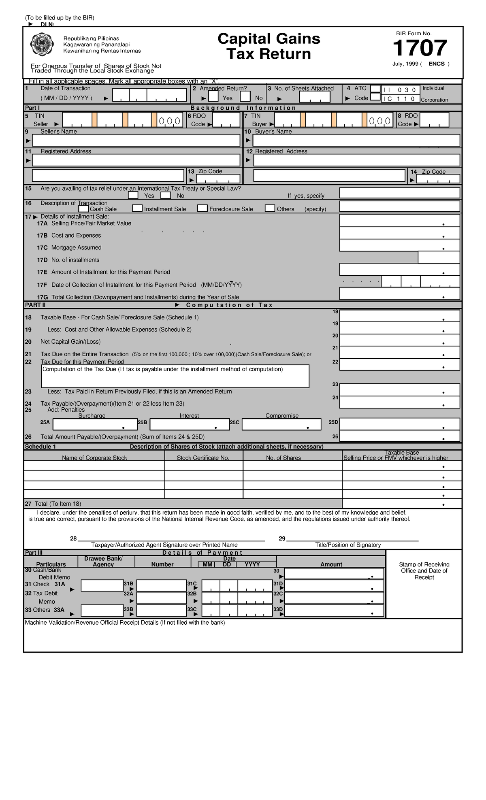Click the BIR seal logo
pyautogui.click(x=42, y=45)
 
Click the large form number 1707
pyautogui.click(x=420, y=48)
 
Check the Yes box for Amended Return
pyautogui.click(x=213, y=96)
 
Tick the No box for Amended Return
pyautogui.click(x=245, y=96)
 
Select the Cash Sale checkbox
pyautogui.click(x=83, y=209)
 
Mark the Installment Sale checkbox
pyautogui.click(x=137, y=209)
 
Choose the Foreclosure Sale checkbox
pyautogui.click(x=202, y=209)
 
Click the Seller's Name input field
pyautogui.click(x=136, y=140)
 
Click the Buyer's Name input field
pyautogui.click(x=356, y=140)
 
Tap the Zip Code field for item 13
pyautogui.click(x=218, y=179)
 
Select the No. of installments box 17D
pyautogui.click(x=439, y=257)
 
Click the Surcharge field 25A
pyautogui.click(x=95, y=424)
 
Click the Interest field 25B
pyautogui.click(x=190, y=424)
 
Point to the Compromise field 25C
pyautogui.click(x=281, y=424)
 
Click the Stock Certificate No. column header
pyautogui.click(x=203, y=458)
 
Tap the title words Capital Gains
pyautogui.click(x=269, y=39)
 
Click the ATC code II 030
pyautogui.click(x=400, y=90)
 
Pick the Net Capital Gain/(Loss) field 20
pyautogui.click(x=399, y=340)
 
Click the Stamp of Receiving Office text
pyautogui.click(x=424, y=570)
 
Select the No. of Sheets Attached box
pyautogui.click(x=314, y=97)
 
